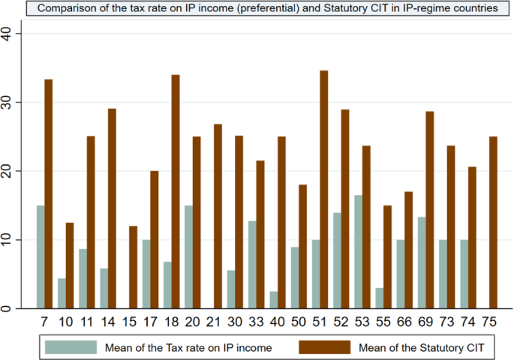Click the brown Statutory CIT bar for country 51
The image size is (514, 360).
(324, 189)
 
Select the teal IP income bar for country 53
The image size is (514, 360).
(358, 252)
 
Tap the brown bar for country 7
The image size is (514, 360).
(49, 194)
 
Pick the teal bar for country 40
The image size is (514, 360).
(274, 300)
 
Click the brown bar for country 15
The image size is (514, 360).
(133, 267)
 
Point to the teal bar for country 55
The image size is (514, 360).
(380, 298)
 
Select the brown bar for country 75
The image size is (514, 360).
(493, 223)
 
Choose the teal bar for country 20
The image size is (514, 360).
(189, 257)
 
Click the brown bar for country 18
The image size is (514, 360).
(176, 192)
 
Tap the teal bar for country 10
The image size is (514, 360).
(62, 293)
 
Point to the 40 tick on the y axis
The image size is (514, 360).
(19, 34)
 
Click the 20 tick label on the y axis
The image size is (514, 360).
(7, 171)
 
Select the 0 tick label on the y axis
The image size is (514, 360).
(7, 308)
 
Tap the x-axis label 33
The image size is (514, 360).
(256, 322)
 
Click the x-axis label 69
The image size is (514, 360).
(425, 322)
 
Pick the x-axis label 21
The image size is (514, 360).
(213, 322)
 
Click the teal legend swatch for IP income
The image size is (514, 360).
(71, 347)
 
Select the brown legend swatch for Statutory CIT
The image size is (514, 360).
(324, 347)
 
